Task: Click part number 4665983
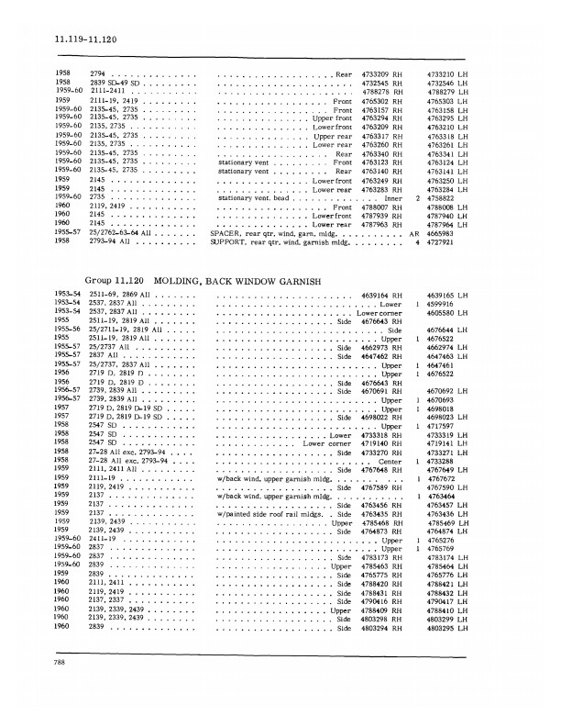442,233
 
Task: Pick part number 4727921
442,241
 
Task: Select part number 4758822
442,196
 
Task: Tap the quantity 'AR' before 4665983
415,233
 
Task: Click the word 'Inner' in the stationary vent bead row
396,196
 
